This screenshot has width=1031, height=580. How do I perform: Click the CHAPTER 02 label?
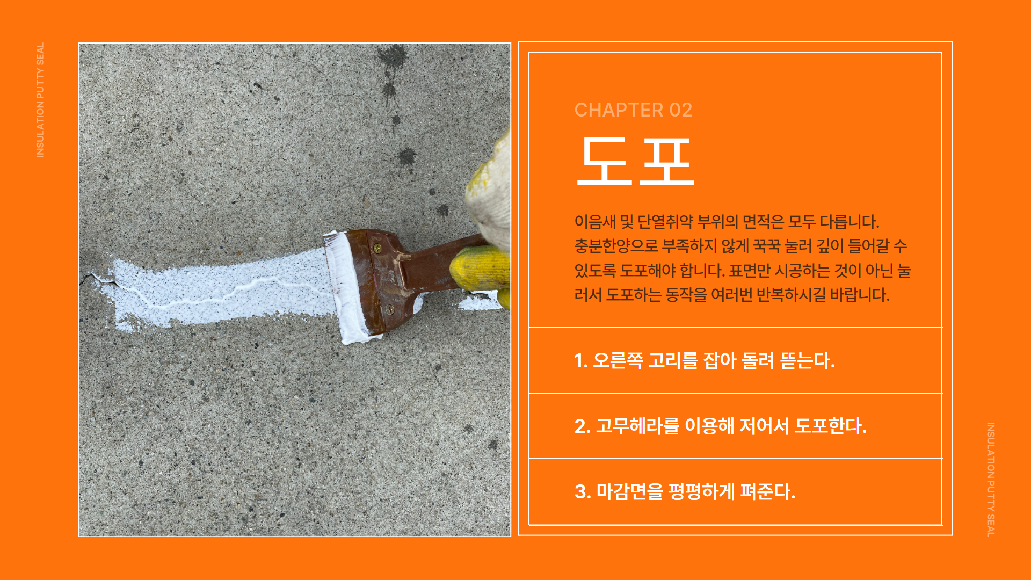[633, 110]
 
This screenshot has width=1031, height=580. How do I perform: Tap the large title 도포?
[636, 161]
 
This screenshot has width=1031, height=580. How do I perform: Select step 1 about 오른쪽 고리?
[705, 360]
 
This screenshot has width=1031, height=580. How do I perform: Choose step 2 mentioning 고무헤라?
[720, 426]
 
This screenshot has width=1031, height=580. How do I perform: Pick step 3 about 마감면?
[685, 491]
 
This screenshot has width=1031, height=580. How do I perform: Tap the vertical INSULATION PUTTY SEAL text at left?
[40, 100]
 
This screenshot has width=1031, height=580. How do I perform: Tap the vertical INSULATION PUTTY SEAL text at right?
[991, 479]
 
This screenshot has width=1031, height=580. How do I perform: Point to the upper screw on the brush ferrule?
[377, 248]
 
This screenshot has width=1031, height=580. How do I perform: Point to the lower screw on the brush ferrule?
[390, 309]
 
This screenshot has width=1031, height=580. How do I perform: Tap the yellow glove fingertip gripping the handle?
[475, 269]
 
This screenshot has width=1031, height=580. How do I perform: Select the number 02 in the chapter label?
[680, 110]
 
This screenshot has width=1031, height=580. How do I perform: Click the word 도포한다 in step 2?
[830, 426]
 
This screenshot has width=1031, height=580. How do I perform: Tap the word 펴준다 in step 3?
[767, 491]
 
